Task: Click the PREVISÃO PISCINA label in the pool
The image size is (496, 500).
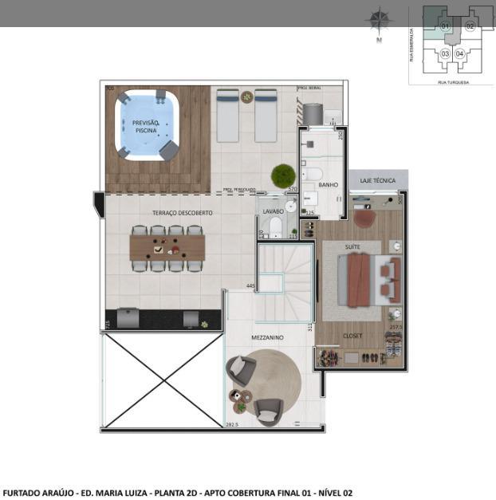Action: click(x=145, y=125)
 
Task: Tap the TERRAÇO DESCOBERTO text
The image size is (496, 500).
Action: click(x=183, y=213)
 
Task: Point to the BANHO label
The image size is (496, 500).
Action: click(x=328, y=184)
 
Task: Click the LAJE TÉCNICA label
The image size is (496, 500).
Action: click(x=378, y=180)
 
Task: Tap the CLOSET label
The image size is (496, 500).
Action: click(x=352, y=336)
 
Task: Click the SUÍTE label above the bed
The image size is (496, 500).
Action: click(x=352, y=247)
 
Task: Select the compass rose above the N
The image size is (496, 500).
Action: click(x=380, y=18)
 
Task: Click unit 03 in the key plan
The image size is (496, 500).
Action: click(x=445, y=53)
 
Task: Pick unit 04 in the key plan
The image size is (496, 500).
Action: click(x=460, y=53)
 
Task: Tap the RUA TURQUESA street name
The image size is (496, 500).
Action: click(x=453, y=81)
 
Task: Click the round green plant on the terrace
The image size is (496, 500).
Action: click(x=282, y=175)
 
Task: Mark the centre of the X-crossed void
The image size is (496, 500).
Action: click(x=162, y=380)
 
